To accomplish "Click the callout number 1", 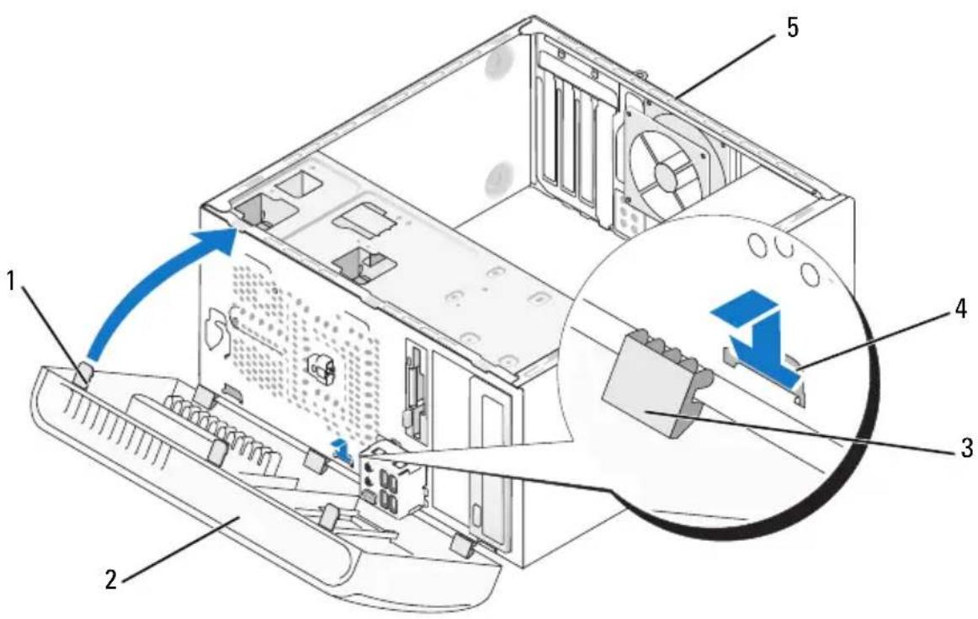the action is pyautogui.click(x=11, y=281).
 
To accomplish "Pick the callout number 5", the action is pyautogui.click(x=791, y=28).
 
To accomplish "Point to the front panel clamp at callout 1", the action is pyautogui.click(x=85, y=376).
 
